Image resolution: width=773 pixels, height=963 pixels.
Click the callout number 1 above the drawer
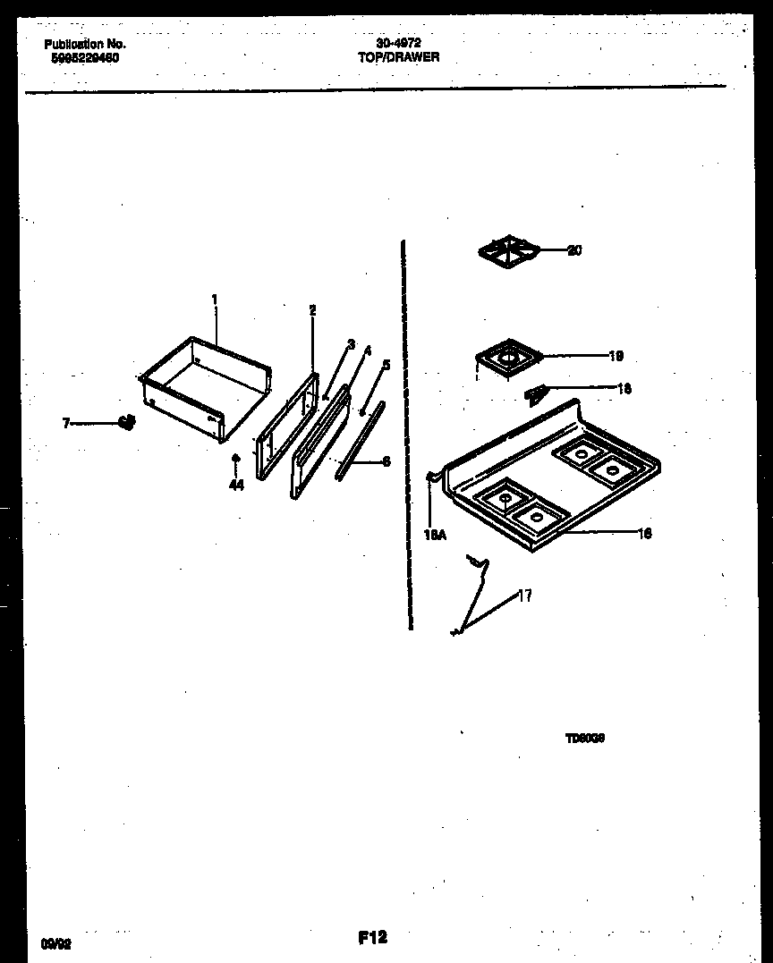click(x=215, y=299)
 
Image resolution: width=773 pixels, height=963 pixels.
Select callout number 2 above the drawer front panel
click(x=312, y=310)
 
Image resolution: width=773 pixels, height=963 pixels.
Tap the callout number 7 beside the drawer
click(x=66, y=423)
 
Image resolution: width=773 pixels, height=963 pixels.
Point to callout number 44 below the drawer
click(x=236, y=486)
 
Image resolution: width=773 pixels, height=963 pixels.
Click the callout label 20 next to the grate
click(x=574, y=250)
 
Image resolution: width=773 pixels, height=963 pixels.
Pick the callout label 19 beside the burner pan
click(x=616, y=356)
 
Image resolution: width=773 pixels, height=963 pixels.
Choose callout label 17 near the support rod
click(x=525, y=596)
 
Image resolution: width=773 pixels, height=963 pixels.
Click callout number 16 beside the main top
click(x=644, y=534)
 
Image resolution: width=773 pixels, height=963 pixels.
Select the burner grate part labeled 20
click(x=507, y=251)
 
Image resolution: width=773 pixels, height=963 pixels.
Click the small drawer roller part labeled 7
click(x=127, y=422)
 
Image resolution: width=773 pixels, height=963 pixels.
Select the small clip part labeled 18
click(x=536, y=393)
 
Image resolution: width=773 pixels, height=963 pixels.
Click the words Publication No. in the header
click(x=85, y=44)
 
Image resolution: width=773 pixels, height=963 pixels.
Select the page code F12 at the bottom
click(x=372, y=937)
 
